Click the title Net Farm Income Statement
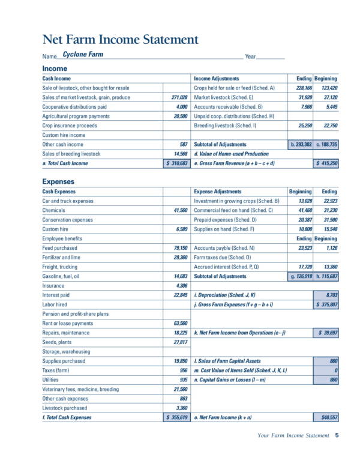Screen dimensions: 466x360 120,40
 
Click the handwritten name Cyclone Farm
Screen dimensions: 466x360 83,54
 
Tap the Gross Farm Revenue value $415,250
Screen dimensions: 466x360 326,163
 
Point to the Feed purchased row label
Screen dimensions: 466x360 60,248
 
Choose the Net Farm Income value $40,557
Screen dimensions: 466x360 326,417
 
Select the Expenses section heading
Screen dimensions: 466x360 58,181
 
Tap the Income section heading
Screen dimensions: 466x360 55,68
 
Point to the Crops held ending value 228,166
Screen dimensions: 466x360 301,88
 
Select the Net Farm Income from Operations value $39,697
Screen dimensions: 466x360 326,332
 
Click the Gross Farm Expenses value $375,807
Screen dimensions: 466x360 326,304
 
